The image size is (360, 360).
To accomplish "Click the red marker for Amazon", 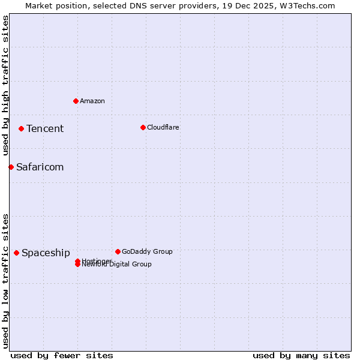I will tap(76, 101).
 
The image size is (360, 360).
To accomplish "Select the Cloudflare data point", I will tap(143, 127).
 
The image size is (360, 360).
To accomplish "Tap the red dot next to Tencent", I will tap(21, 128).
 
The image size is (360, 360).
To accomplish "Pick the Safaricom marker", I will tap(11, 167).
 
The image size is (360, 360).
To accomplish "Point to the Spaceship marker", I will tap(16, 253).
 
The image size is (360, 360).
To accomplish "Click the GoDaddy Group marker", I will tap(118, 251).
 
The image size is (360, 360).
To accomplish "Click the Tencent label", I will tap(45, 128).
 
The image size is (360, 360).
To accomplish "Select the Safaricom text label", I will tap(40, 167).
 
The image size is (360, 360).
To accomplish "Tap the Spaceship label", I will tap(46, 253).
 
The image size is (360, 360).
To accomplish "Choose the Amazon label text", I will tap(92, 101).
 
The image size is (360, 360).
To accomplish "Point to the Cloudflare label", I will tap(163, 127).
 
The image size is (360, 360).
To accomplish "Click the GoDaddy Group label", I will tap(147, 251).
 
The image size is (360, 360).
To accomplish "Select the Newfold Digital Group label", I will tap(117, 265).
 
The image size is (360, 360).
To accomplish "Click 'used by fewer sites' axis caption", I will tap(62, 355).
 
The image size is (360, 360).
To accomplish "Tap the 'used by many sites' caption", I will tap(301, 355).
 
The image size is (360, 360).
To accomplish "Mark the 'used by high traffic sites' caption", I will tap(5, 85).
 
